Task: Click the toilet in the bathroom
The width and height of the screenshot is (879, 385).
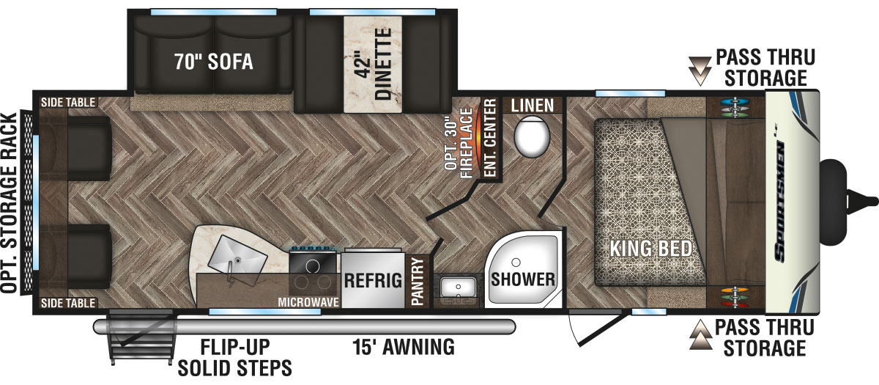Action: click(x=532, y=136)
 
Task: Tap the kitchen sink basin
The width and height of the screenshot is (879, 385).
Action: click(x=237, y=259)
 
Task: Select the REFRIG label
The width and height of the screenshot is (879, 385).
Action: click(x=373, y=280)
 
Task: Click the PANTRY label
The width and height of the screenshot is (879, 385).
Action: click(x=418, y=281)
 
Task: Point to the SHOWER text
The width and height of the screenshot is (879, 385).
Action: click(x=523, y=279)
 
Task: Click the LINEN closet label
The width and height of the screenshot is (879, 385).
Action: click(x=533, y=106)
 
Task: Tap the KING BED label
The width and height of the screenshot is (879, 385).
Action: click(x=650, y=249)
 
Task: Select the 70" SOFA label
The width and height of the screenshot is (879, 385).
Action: click(x=213, y=62)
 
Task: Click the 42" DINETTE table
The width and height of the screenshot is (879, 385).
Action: click(x=373, y=64)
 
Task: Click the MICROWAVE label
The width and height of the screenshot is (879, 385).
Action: click(x=308, y=302)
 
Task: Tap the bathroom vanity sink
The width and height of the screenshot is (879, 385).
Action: click(x=458, y=287)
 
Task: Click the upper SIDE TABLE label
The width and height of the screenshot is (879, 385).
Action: click(x=68, y=103)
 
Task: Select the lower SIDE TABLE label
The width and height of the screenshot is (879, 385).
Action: click(x=68, y=303)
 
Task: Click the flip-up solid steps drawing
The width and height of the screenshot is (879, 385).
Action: click(x=141, y=337)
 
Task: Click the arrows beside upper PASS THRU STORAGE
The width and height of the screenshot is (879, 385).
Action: click(x=700, y=70)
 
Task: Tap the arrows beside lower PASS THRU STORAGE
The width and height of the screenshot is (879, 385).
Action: click(x=700, y=334)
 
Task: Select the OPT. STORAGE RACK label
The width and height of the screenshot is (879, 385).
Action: click(x=9, y=203)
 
